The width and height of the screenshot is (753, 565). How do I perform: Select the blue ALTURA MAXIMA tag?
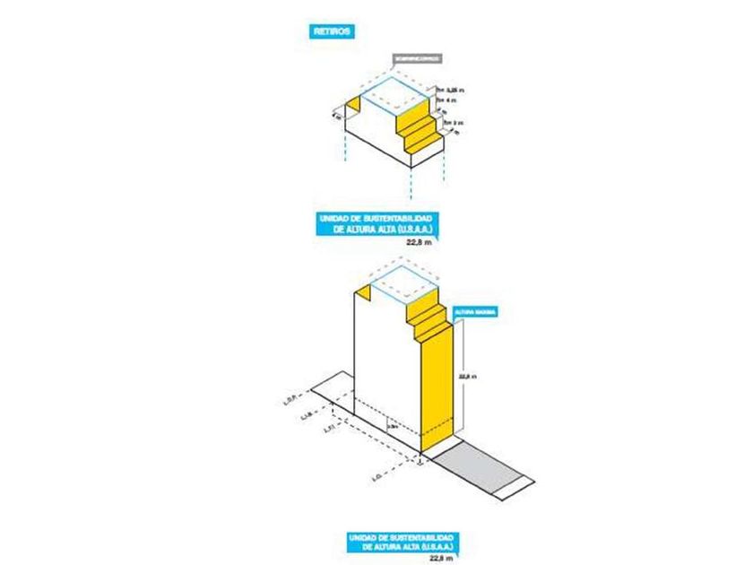(476, 312)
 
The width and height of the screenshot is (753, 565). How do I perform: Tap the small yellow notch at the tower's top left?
(364, 297)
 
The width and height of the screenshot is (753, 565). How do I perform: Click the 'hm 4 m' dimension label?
(446, 100)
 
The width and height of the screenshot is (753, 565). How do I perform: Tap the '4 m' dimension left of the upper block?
(336, 115)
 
